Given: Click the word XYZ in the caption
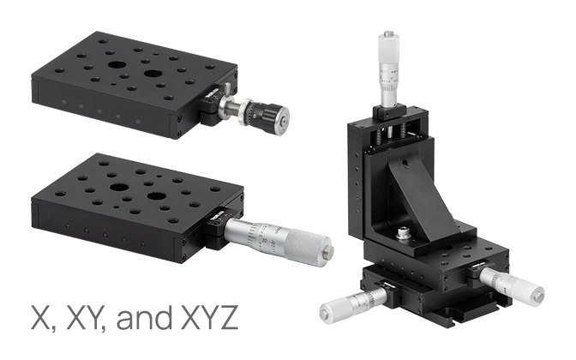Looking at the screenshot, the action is click(210, 317).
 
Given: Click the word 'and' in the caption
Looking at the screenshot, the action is click(144, 316).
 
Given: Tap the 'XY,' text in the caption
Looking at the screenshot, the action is click(86, 318).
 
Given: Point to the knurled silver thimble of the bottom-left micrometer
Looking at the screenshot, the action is click(307, 247).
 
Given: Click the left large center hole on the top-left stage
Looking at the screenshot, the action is click(117, 65).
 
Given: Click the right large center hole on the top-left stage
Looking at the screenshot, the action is click(153, 74).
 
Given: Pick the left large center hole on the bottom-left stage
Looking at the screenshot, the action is click(119, 187).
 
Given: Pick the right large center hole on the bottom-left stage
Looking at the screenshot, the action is click(157, 195).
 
